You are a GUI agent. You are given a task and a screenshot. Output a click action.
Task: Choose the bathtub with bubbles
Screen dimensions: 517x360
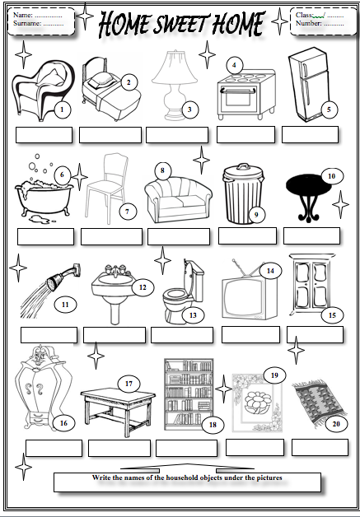tap(41, 193)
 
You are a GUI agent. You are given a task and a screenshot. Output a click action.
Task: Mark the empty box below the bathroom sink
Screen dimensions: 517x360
tap(114, 334)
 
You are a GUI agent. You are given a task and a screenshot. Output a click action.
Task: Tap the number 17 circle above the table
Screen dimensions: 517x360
tap(129, 384)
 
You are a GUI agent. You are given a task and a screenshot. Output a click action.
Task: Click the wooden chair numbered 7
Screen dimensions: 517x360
tap(105, 185)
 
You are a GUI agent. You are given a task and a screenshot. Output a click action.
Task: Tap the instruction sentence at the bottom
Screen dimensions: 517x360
tap(188, 477)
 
